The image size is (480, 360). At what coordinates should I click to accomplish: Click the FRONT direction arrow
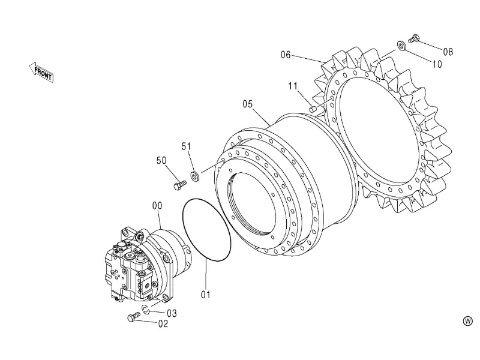pyautogui.click(x=41, y=72)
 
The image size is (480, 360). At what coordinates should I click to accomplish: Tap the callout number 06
pyautogui.click(x=286, y=55)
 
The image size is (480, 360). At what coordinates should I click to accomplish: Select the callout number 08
pyautogui.click(x=448, y=52)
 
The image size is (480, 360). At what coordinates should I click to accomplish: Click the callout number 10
pyautogui.click(x=437, y=64)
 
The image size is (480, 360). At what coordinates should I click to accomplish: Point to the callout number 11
pyautogui.click(x=293, y=86)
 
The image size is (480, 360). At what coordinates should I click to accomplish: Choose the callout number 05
pyautogui.click(x=248, y=104)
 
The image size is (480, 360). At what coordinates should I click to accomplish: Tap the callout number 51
pyautogui.click(x=186, y=146)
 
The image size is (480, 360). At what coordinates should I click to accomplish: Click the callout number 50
pyautogui.click(x=161, y=160)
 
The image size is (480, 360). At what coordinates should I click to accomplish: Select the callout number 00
pyautogui.click(x=157, y=206)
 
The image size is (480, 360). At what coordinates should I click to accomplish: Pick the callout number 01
pyautogui.click(x=206, y=295)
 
